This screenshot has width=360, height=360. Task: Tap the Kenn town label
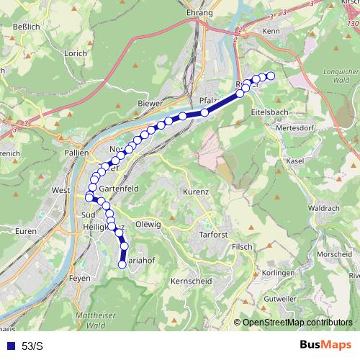[271, 32]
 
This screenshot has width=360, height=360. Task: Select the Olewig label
[148, 224]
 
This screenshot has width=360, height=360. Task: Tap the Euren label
[25, 231]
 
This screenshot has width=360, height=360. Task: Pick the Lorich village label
[75, 53]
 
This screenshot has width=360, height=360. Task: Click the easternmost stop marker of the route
[271, 76]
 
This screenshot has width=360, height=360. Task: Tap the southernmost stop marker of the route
[122, 264]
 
